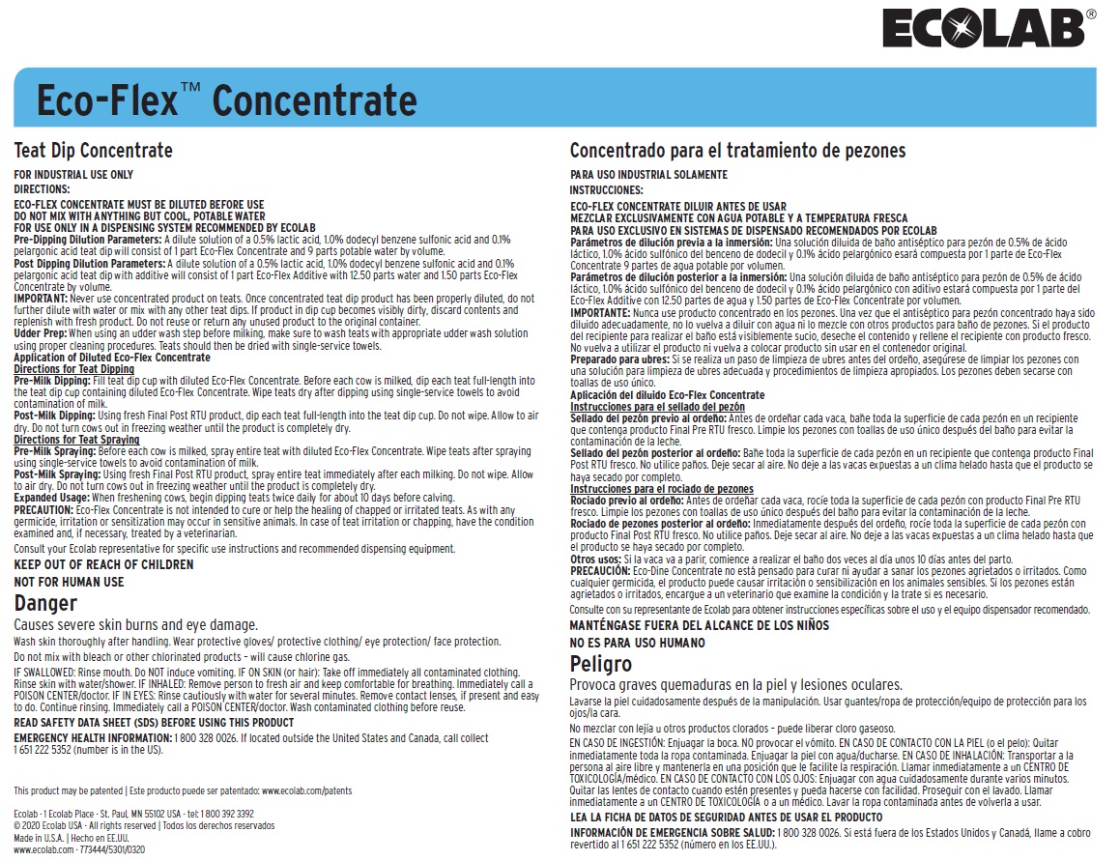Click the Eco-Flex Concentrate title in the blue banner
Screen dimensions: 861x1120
coord(226,100)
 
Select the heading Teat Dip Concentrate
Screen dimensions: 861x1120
coord(93,151)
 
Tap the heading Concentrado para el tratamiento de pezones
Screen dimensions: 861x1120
coord(737,151)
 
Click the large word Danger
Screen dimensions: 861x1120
coord(45,603)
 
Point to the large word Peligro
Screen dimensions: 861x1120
coord(601,664)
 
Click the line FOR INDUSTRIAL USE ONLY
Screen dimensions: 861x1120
coord(73,175)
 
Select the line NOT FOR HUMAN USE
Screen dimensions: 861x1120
coord(69,582)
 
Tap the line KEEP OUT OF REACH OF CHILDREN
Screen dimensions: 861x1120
coord(103,564)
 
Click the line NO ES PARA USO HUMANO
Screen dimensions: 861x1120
coord(638,643)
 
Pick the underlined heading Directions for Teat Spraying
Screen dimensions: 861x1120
coord(76,440)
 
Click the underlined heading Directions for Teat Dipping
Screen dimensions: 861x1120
coord(74,370)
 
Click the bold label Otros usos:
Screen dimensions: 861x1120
coord(595,560)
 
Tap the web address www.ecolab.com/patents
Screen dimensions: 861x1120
coord(306,790)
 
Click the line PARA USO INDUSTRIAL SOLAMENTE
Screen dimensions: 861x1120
coord(648,175)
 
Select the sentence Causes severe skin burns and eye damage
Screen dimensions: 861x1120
coord(136,625)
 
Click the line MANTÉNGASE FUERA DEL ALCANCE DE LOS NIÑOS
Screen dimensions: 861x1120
coord(700,625)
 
